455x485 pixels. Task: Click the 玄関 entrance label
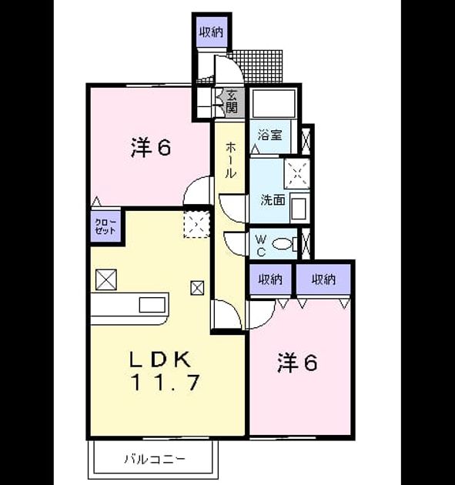pyautogui.click(x=232, y=102)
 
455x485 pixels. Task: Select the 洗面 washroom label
pyautogui.click(x=273, y=200)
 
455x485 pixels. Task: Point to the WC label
pyautogui.click(x=261, y=246)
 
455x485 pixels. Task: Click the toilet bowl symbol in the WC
pyautogui.click(x=283, y=244)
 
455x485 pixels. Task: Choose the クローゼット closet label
pyautogui.click(x=105, y=226)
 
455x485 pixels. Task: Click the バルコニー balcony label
pyautogui.click(x=155, y=459)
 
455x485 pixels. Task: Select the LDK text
pyautogui.click(x=160, y=360)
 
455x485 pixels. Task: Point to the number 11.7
pyautogui.click(x=166, y=382)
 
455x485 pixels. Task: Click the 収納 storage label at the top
pyautogui.click(x=211, y=32)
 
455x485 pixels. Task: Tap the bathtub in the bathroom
pyautogui.click(x=273, y=104)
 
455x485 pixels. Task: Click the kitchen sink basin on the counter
pyautogui.click(x=152, y=305)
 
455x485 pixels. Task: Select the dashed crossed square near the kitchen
pyautogui.click(x=197, y=224)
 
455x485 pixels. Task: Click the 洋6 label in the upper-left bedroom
pyautogui.click(x=151, y=148)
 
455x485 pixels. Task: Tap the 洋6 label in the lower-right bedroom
pyautogui.click(x=297, y=363)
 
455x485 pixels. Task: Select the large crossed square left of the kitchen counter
pyautogui.click(x=106, y=279)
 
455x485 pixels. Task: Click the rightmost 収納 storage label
pyautogui.click(x=323, y=279)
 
